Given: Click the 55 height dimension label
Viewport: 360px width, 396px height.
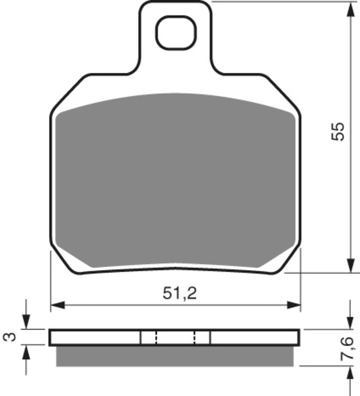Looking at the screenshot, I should click(x=337, y=132).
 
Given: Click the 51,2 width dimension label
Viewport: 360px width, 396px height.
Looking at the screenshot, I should click(x=180, y=294).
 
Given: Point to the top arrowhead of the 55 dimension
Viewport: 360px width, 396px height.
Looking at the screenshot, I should click(x=352, y=6).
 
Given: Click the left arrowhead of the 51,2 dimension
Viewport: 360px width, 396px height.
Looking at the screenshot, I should click(x=56, y=303).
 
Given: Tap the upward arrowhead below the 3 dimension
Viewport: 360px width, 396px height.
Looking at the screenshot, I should click(x=26, y=350).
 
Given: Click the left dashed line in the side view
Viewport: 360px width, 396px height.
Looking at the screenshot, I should click(x=156, y=337).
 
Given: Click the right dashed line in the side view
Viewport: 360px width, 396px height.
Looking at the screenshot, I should click(x=194, y=337).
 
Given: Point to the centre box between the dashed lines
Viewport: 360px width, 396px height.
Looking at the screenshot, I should click(x=176, y=337).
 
